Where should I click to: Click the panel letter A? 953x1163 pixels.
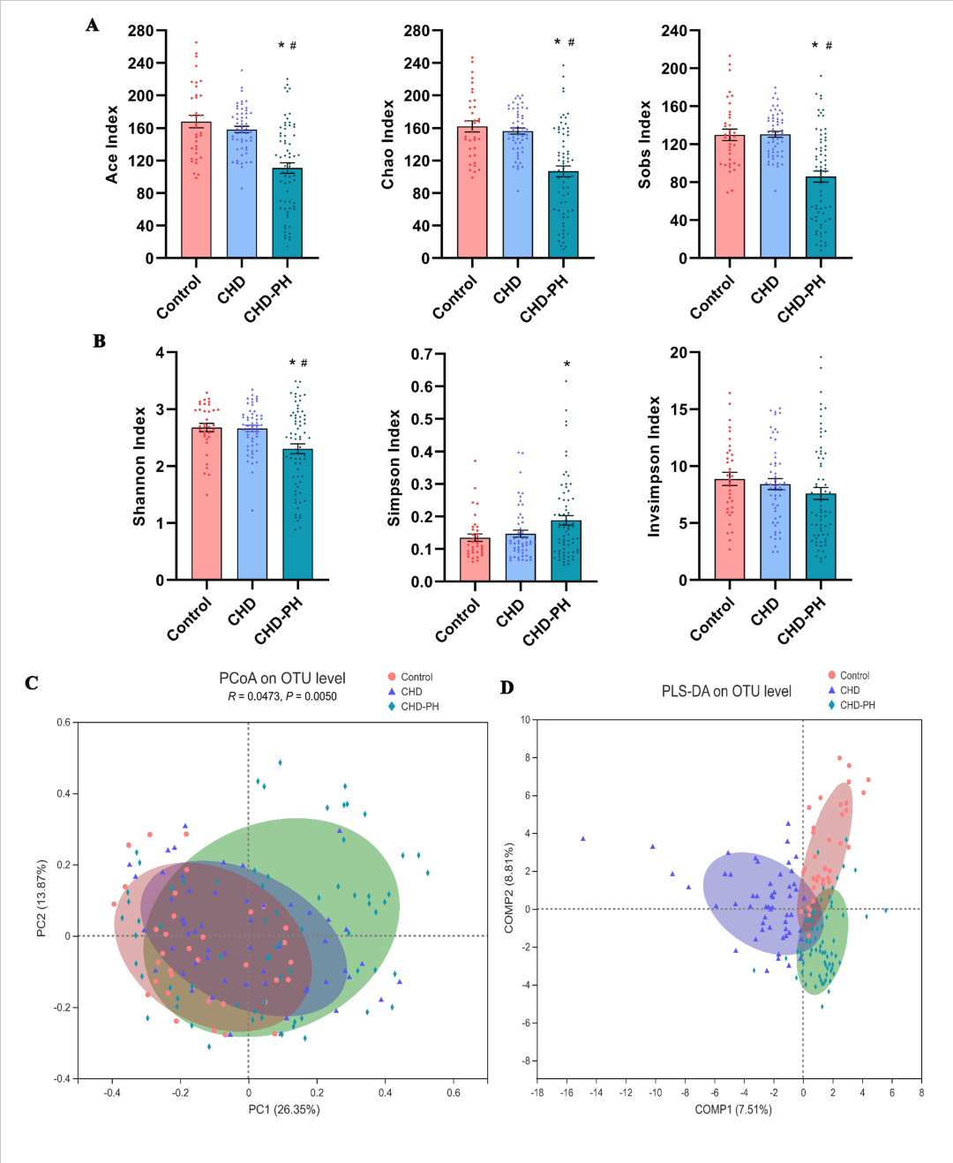pos(93,26)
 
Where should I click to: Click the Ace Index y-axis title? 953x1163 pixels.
pos(112,145)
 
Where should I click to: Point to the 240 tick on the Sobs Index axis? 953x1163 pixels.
pos(674,31)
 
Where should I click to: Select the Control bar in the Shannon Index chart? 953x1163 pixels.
pos(206,504)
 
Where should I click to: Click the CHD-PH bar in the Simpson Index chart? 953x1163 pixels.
pos(566,551)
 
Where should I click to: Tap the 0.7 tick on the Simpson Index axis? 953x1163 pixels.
pos(422,355)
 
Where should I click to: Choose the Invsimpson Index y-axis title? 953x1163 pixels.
pos(654,466)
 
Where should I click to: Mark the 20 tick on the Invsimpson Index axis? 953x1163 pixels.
pos(679,353)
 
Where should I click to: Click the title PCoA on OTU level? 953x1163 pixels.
pos(282,679)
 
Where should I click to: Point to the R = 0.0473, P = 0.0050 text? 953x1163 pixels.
pos(282,696)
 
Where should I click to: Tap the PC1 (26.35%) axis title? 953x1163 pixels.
pos(283,1109)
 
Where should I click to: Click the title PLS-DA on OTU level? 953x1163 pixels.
pos(726,692)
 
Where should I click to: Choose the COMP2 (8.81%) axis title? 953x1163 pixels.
pos(509,888)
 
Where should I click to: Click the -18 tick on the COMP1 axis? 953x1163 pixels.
pos(537,1092)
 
